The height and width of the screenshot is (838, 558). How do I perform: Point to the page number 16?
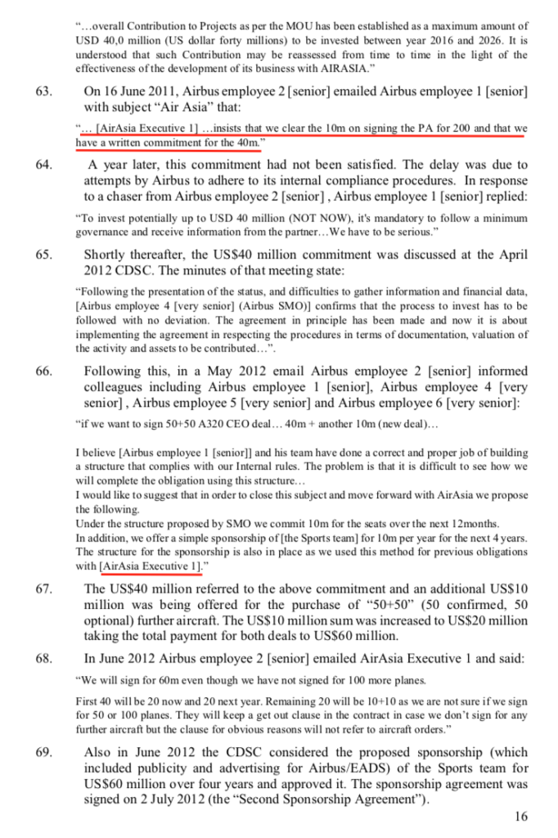(520, 816)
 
